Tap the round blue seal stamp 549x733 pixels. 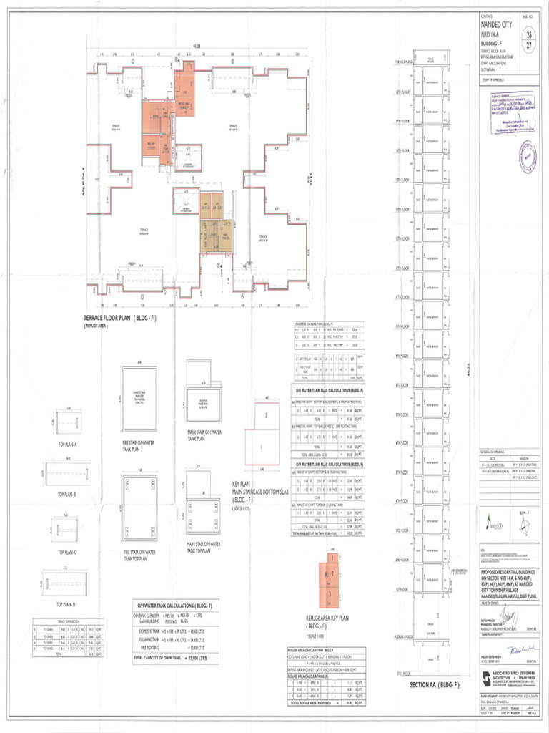click(x=527, y=153)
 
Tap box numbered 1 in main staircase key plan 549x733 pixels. click(x=262, y=447)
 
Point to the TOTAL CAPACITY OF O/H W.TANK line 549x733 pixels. click(x=177, y=656)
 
